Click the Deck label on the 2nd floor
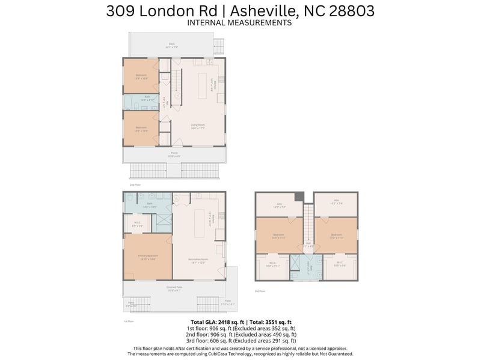[171, 44]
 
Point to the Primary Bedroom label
[147, 257]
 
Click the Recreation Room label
[198, 261]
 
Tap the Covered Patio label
[175, 287]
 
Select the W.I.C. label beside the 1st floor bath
[137, 224]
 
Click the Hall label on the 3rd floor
[308, 244]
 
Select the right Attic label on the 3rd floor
[336, 203]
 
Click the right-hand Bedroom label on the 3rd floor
[336, 236]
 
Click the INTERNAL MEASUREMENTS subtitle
[240, 23]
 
